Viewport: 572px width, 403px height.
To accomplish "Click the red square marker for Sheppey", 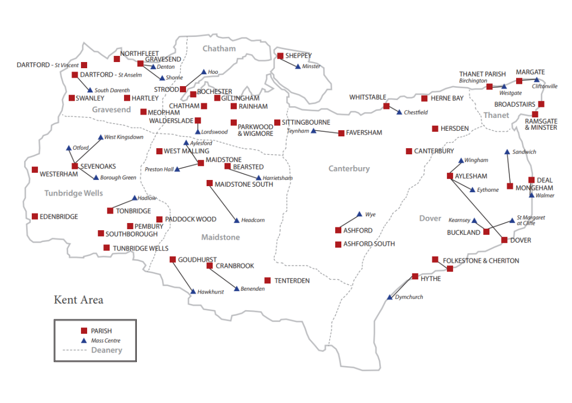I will tap(280, 56).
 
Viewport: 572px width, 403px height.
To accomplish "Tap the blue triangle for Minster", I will tap(298, 67).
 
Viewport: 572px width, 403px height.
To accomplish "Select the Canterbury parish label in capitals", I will tap(434, 151).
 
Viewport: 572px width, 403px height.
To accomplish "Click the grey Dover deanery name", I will tap(430, 219).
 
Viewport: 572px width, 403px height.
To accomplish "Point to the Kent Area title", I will tap(78, 300).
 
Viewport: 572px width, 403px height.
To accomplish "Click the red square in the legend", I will tap(84, 331).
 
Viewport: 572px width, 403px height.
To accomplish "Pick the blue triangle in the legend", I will tap(84, 340).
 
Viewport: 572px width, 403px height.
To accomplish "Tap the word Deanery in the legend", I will tap(106, 350).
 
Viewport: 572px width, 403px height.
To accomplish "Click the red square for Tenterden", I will tap(268, 281).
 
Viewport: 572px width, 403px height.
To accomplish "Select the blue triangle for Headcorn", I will tap(237, 220).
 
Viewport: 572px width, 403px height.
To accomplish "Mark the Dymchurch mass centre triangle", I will tap(390, 297).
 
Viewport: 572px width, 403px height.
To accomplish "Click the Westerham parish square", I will tap(35, 170).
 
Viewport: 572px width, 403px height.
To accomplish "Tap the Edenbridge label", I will tap(59, 217).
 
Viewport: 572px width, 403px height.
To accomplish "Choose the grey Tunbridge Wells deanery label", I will tap(74, 193).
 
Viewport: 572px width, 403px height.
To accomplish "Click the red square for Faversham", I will tap(341, 133).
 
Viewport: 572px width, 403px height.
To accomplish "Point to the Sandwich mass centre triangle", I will tap(507, 152).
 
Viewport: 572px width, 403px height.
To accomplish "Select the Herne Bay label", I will tap(447, 98).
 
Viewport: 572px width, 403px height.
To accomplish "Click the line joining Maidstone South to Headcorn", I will tap(223, 202).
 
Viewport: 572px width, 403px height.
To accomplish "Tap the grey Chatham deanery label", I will tap(219, 49).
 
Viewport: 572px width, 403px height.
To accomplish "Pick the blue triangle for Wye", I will tap(359, 214).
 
